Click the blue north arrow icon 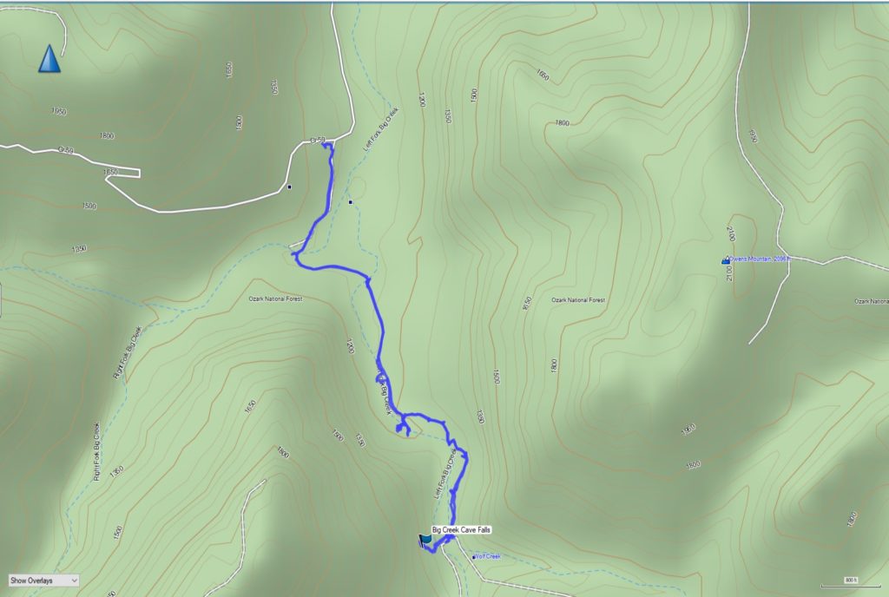point(49,59)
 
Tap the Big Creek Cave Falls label point(467,529)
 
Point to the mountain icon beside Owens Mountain point(726,259)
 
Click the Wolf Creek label point(490,556)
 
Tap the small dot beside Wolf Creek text point(474,557)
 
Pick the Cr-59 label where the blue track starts point(318,141)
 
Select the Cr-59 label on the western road point(66,149)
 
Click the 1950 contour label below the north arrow point(58,111)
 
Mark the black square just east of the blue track point(350,202)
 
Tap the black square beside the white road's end point(290,186)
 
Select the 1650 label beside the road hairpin point(110,172)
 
